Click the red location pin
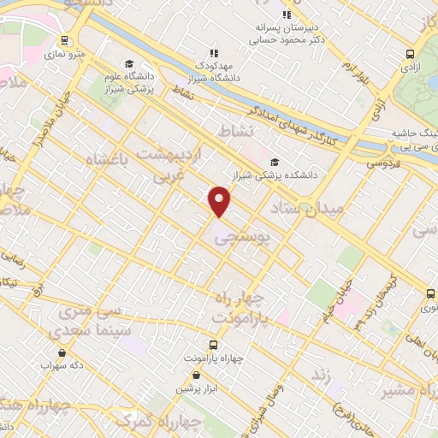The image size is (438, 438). tap(220, 200)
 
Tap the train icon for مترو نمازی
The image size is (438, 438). tap(65, 40)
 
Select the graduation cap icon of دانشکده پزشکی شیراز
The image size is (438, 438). tap(275, 162)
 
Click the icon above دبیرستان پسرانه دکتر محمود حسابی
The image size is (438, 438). tap(287, 15)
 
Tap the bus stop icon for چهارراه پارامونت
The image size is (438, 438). tap(213, 346)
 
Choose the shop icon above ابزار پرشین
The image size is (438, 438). tap(198, 376)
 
